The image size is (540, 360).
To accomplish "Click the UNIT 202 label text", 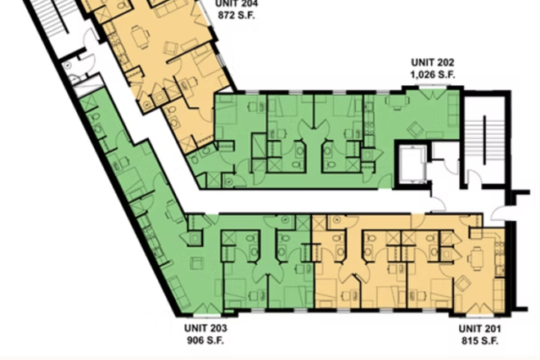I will [432, 61].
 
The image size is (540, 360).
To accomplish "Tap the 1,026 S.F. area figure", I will [432, 74].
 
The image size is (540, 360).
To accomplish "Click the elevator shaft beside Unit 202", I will [411, 166].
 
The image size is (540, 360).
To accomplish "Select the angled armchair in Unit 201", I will [463, 283].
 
